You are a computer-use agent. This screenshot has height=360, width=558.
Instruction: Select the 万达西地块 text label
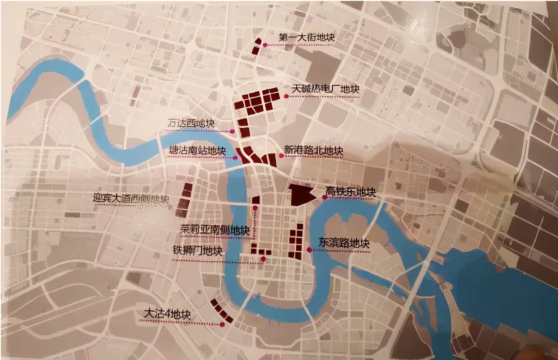(x=191, y=124)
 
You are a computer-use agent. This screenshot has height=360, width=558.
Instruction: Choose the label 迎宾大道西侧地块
(x=130, y=198)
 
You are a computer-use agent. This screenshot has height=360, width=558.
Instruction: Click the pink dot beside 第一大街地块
(x=266, y=45)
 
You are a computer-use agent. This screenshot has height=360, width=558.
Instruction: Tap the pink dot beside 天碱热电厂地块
(x=287, y=95)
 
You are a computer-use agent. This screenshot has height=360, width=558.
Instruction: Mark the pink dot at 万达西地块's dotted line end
(x=232, y=132)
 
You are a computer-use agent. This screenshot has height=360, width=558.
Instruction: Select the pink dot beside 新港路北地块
(x=281, y=155)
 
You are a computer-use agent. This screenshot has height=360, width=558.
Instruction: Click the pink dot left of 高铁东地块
(x=325, y=197)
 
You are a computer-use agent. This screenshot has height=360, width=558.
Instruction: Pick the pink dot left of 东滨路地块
(x=309, y=249)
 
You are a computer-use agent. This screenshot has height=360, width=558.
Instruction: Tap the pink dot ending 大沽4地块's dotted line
(x=222, y=324)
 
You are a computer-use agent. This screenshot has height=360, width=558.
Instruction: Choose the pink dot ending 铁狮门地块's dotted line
(x=263, y=258)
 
